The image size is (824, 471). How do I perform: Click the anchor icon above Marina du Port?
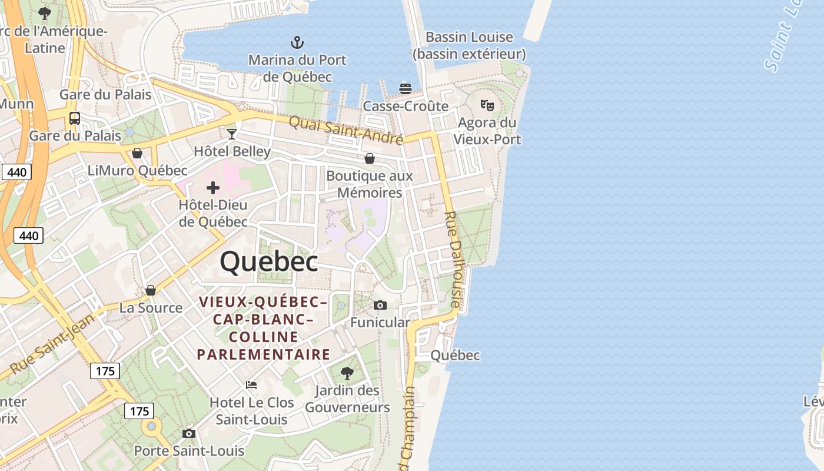click(297, 42)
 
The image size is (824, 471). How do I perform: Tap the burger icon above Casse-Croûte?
click(405, 89)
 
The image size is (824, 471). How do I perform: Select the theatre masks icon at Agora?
click(487, 105)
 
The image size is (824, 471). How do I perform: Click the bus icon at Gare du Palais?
click(75, 118)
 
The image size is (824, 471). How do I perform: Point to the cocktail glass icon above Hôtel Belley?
click(232, 134)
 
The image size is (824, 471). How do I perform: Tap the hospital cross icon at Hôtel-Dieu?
click(213, 188)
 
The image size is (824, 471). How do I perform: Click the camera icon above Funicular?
click(380, 305)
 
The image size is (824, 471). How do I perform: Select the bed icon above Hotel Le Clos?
click(251, 385)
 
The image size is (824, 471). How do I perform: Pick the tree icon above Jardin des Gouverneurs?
click(347, 373)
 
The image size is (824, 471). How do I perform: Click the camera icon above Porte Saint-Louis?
click(189, 434)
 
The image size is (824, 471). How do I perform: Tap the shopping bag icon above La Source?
click(151, 290)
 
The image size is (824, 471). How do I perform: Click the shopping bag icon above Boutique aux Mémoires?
click(370, 158)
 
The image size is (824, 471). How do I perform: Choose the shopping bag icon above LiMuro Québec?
click(137, 153)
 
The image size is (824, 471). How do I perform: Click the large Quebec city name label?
click(269, 261)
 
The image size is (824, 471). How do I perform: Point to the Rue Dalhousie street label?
click(452, 259)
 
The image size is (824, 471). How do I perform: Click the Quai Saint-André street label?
click(346, 130)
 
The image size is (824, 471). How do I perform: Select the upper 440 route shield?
click(16, 172)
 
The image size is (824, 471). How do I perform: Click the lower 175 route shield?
click(139, 410)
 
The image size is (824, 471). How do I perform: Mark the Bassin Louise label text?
click(469, 37)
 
